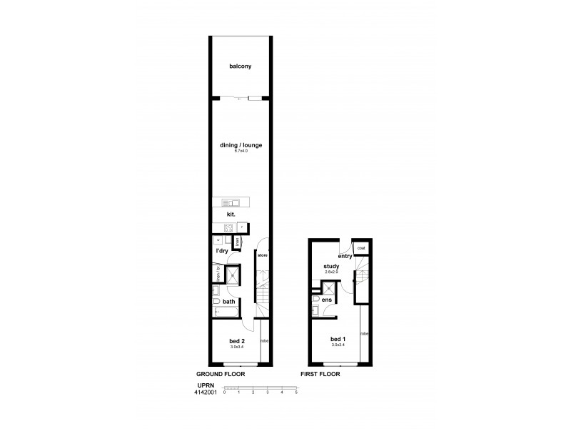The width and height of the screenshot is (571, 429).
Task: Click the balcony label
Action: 240,66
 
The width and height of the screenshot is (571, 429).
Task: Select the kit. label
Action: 231,214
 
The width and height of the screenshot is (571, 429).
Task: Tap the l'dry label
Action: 221,251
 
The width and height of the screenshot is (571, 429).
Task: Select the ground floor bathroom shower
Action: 232,275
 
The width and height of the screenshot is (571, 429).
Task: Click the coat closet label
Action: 361,248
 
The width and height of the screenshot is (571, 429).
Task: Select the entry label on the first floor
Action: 345,255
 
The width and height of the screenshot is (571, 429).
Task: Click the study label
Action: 330,267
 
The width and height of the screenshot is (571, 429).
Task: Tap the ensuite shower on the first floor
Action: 330,288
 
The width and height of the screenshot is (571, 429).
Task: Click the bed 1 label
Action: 337,337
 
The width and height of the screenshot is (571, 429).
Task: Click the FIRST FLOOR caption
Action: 320,374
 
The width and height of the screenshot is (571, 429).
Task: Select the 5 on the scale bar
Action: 295,393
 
